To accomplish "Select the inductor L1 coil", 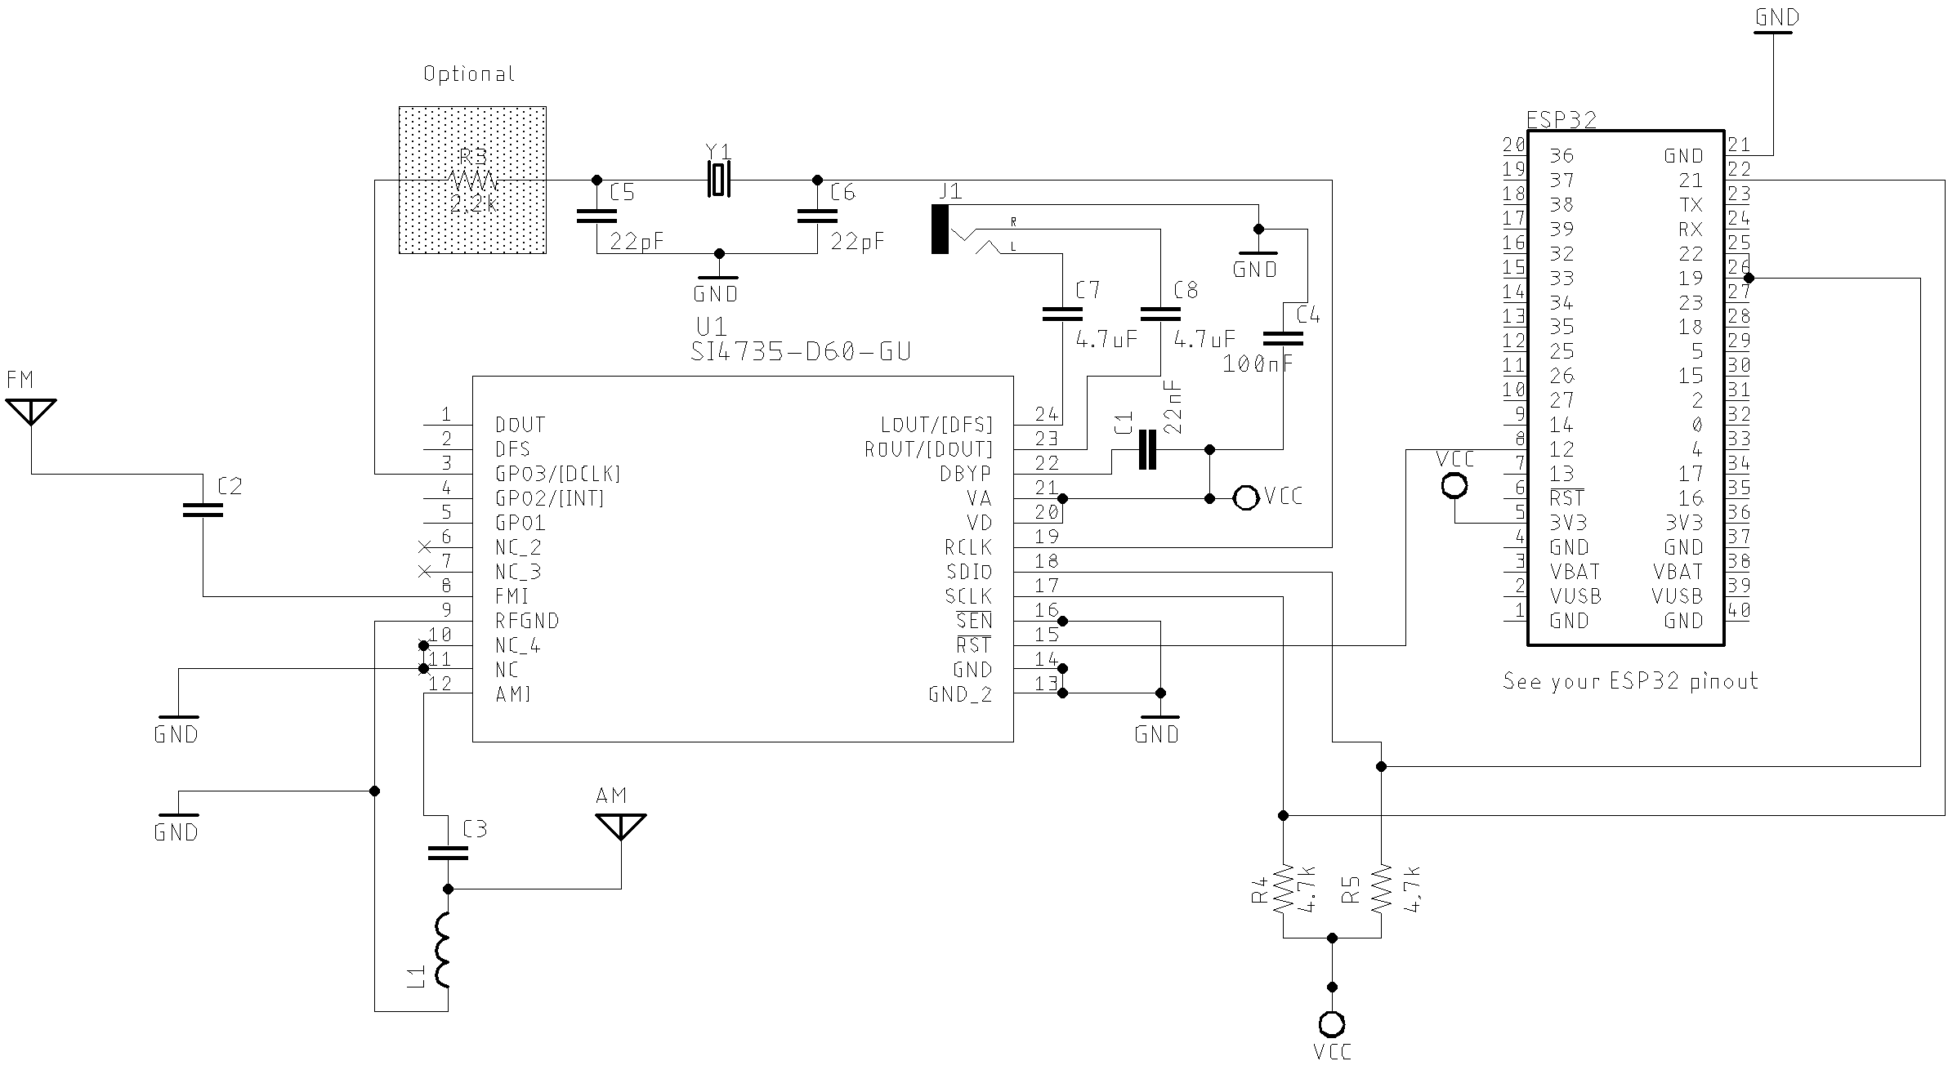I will click(445, 949).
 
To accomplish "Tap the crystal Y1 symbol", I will click(717, 180).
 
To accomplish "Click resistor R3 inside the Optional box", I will click(472, 180).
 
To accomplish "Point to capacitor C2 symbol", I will click(203, 510).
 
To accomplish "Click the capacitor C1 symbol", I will click(1147, 449).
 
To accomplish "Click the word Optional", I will click(469, 74).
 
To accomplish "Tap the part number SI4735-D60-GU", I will click(800, 352).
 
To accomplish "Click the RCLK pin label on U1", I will click(968, 547).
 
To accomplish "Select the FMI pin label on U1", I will click(512, 596).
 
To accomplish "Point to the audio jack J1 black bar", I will click(940, 230).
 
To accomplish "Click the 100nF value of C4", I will click(1258, 364).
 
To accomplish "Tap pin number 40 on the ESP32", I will click(1739, 609).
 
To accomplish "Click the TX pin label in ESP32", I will click(1691, 205).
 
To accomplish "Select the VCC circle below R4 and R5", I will click(1332, 1023).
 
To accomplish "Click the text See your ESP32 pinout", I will click(1630, 681).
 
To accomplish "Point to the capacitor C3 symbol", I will click(448, 853).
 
